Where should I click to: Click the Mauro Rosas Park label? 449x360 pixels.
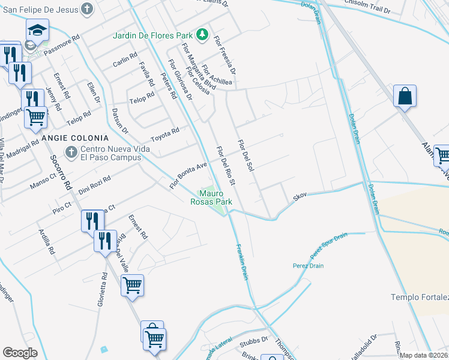click(215, 198)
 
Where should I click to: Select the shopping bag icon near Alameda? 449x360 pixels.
click(405, 96)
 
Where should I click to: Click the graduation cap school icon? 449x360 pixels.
click(37, 29)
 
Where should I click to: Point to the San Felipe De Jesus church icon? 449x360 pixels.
click(88, 9)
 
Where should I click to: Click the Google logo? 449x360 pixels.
click(20, 353)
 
